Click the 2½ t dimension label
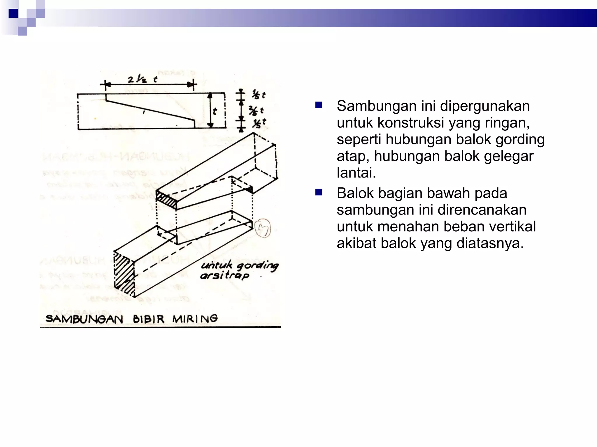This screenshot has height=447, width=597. coord(142,79)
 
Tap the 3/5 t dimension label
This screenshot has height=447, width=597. coord(256,111)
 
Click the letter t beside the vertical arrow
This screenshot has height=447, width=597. coord(215,111)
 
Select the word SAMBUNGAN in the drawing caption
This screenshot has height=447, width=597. coord(84,319)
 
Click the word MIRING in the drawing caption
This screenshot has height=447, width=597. coord(195,319)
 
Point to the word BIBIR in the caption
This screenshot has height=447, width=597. coord(149,319)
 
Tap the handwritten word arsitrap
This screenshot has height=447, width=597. coord(224,275)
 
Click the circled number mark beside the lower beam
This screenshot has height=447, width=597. coord(263,228)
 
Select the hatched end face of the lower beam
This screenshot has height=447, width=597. coord(124,274)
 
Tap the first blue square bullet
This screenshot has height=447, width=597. coord(319,105)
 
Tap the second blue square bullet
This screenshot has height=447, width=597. coord(319,192)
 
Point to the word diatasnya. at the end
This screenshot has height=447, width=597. coord(490,243)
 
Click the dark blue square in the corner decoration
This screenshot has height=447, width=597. coord(13,13)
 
